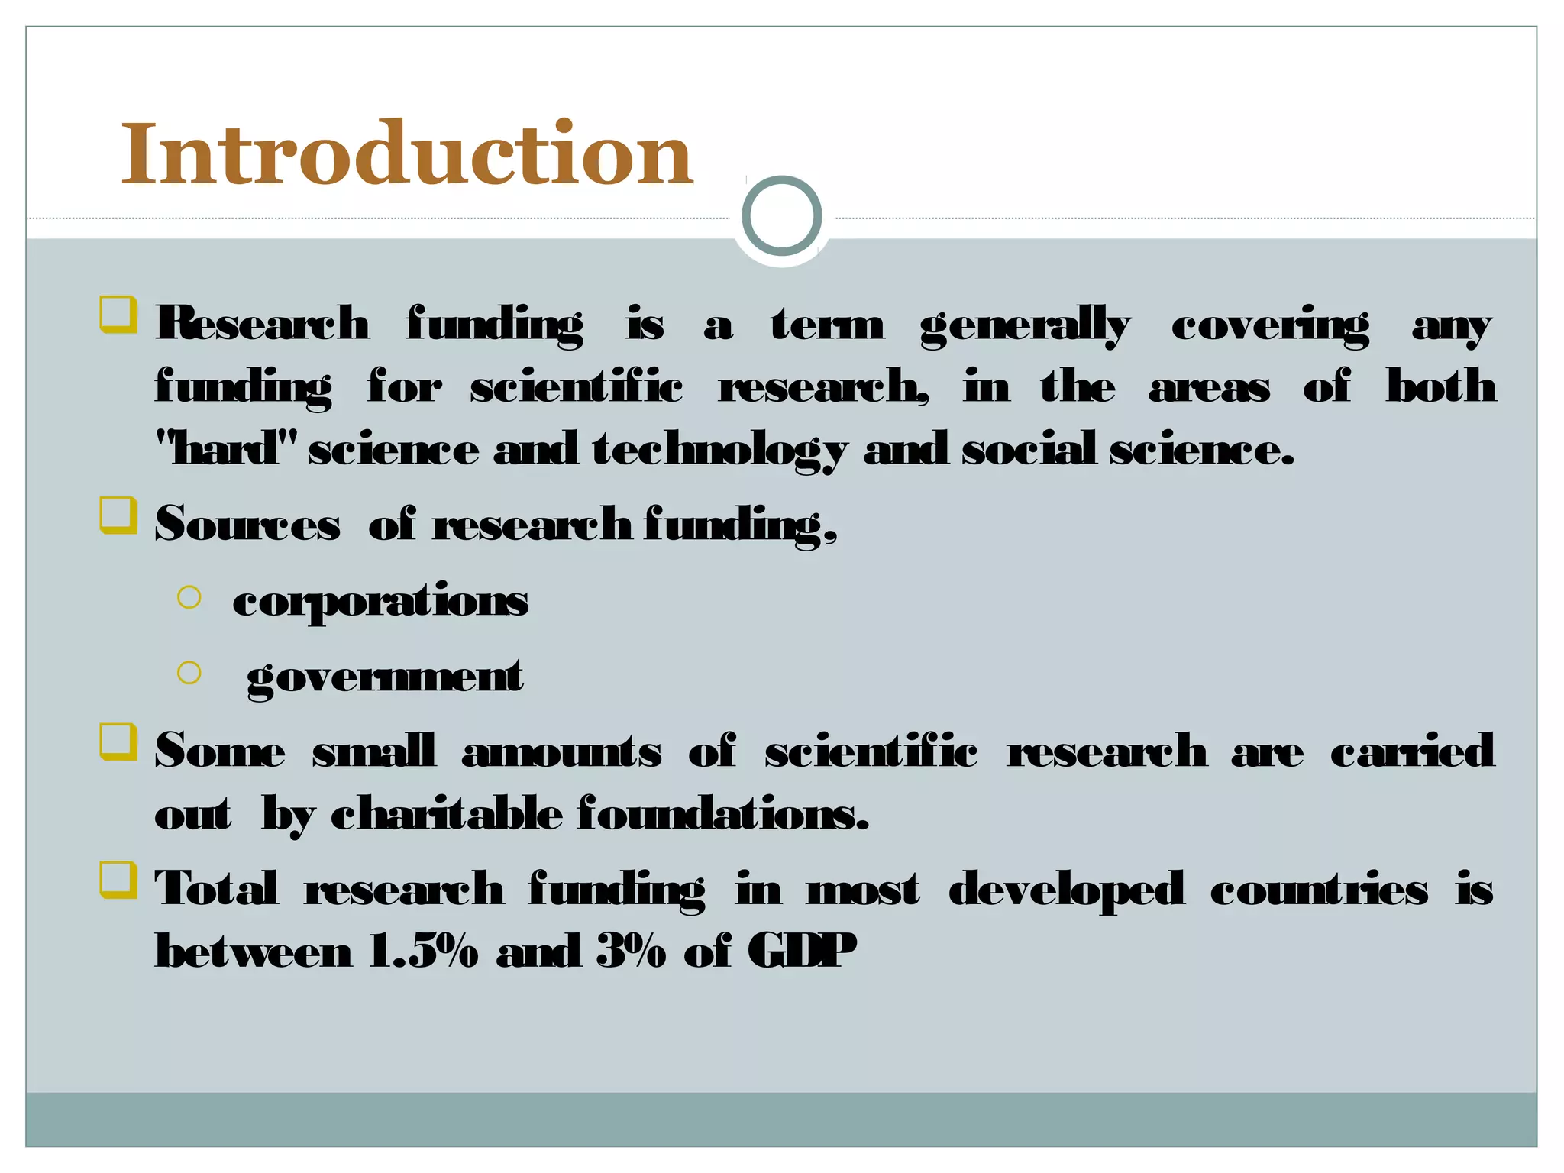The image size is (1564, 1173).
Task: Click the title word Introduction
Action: [407, 154]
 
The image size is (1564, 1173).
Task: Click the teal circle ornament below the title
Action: [781, 215]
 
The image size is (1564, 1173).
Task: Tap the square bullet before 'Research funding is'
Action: [118, 315]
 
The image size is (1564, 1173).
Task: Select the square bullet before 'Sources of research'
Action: [118, 515]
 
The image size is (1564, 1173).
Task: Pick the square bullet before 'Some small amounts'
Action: [118, 742]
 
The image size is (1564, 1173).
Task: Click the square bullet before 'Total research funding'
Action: [118, 881]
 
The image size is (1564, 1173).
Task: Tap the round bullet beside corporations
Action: [189, 597]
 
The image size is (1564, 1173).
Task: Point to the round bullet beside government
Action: [189, 672]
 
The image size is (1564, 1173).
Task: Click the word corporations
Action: [380, 601]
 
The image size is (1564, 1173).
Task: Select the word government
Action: [385, 677]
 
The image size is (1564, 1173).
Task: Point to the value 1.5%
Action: [423, 952]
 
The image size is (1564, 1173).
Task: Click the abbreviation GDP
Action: [801, 952]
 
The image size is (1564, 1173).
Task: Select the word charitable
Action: [447, 814]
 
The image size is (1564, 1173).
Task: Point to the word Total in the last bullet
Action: [216, 889]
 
